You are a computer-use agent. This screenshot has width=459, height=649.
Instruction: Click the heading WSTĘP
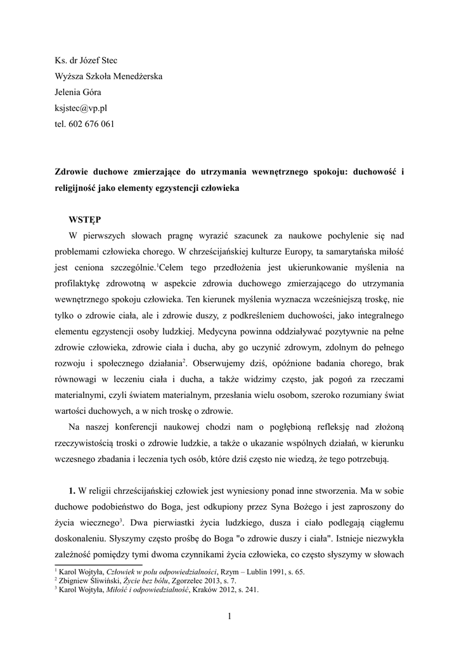[84, 220]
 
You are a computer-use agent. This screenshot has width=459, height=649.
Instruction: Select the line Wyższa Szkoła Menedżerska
[108, 77]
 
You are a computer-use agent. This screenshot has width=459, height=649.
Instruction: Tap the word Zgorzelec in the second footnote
[183, 580]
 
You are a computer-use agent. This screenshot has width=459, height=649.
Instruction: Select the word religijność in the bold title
[81, 189]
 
